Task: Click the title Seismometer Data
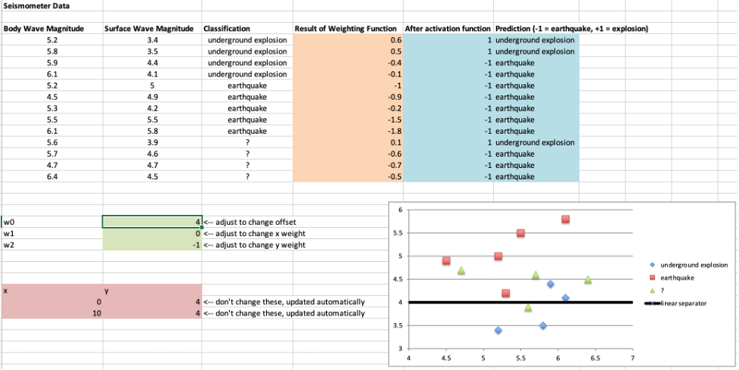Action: (x=29, y=7)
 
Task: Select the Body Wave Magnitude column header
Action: (x=43, y=29)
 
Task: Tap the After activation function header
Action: (x=448, y=29)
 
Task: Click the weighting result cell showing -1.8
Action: (x=348, y=131)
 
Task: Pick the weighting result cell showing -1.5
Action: (x=348, y=120)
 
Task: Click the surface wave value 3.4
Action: (x=152, y=40)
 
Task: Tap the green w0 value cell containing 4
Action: (x=152, y=222)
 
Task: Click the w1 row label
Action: (x=9, y=233)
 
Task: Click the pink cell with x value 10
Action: (x=53, y=313)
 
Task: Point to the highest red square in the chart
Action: (x=566, y=219)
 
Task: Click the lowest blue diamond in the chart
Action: (x=498, y=330)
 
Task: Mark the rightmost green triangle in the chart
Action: (x=588, y=279)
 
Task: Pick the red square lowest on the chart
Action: (x=506, y=293)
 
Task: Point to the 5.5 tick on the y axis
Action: (x=398, y=233)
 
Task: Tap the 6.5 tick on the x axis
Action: (x=595, y=358)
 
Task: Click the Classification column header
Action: (x=227, y=29)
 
